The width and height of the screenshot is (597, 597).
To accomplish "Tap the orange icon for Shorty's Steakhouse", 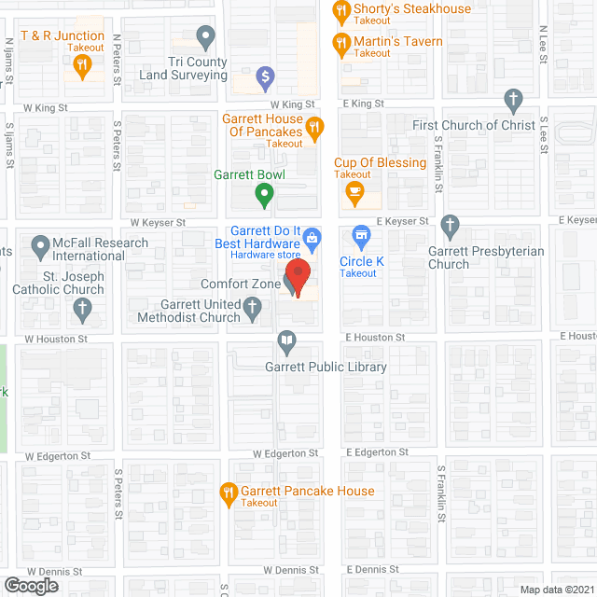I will coord(341,12).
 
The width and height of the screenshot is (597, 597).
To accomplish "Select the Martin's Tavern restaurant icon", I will coord(341,43).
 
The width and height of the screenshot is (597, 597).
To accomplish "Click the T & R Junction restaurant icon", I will coord(83,64).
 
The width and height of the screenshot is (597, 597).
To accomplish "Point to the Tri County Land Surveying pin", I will coord(207,39).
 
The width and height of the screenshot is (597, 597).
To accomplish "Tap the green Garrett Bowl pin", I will coord(264,195).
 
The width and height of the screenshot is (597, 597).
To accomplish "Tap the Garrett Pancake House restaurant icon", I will coord(228,492).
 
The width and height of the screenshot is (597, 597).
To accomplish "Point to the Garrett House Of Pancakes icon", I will coord(315,127).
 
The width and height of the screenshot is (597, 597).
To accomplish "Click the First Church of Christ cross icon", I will coord(512,100).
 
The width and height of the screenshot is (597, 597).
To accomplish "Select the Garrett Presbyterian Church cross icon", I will coord(451,225).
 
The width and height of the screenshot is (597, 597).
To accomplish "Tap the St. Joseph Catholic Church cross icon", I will coord(83,309).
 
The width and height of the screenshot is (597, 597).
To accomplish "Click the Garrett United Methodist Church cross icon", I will coord(252,307).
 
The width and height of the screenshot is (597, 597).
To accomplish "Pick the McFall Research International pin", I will coord(40,248).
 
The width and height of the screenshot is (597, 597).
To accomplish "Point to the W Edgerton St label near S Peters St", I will coord(58,456).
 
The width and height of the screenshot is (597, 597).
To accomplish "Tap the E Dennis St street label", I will coord(372,569).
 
